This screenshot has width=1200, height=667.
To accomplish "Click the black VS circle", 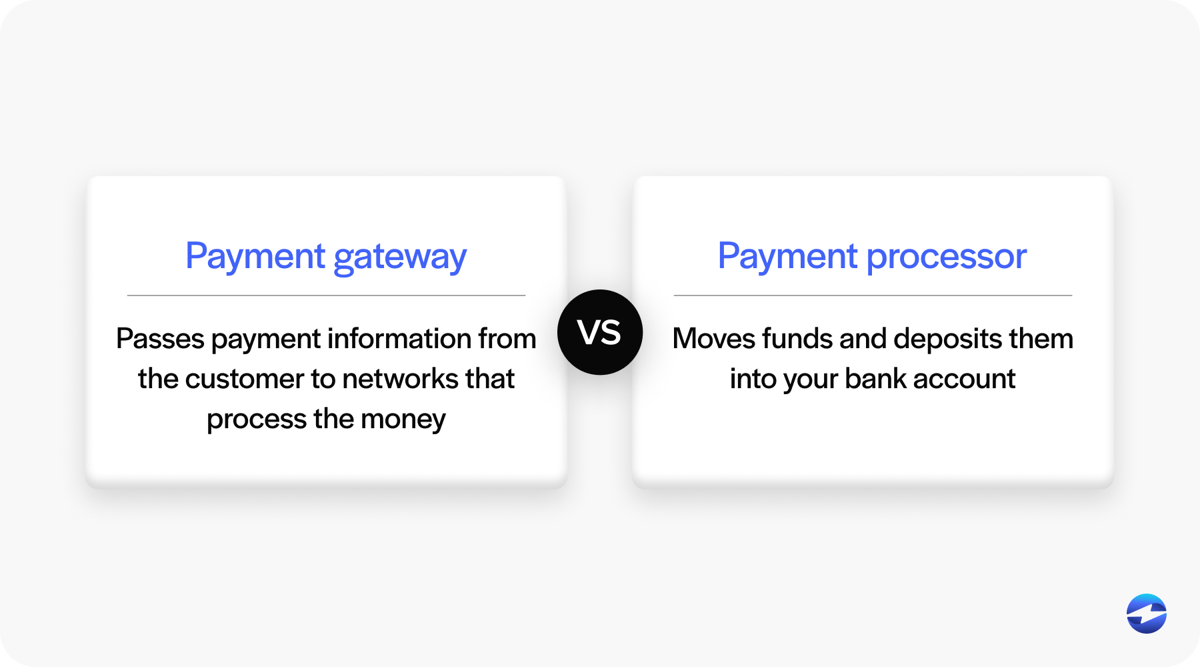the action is click(x=600, y=332).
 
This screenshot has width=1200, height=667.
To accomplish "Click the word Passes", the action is click(x=160, y=339).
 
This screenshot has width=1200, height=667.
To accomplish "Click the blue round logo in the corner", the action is click(x=1147, y=614).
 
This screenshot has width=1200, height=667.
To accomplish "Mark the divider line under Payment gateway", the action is click(x=327, y=295).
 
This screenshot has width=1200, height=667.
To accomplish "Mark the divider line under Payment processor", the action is click(x=873, y=295).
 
